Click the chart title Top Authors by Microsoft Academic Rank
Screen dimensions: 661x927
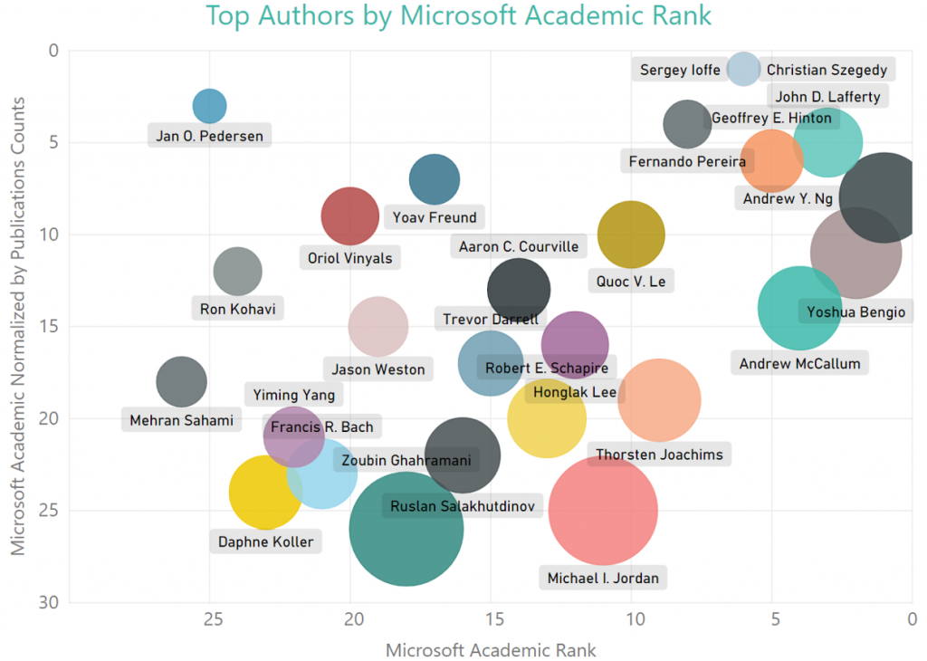[459, 15]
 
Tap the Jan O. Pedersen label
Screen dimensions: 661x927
[209, 137]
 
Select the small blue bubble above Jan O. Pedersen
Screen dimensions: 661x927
[209, 106]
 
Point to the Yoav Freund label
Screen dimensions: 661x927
[434, 217]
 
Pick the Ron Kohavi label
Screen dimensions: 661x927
[237, 309]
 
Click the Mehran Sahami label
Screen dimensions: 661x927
[181, 420]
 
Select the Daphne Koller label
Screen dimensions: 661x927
[265, 542]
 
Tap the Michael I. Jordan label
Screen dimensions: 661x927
[603, 578]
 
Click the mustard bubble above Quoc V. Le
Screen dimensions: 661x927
[631, 235]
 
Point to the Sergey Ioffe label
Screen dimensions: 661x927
[680, 70]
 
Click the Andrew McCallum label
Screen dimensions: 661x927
[800, 364]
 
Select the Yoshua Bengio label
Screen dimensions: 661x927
[855, 312]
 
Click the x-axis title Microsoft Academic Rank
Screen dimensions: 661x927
[491, 650]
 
